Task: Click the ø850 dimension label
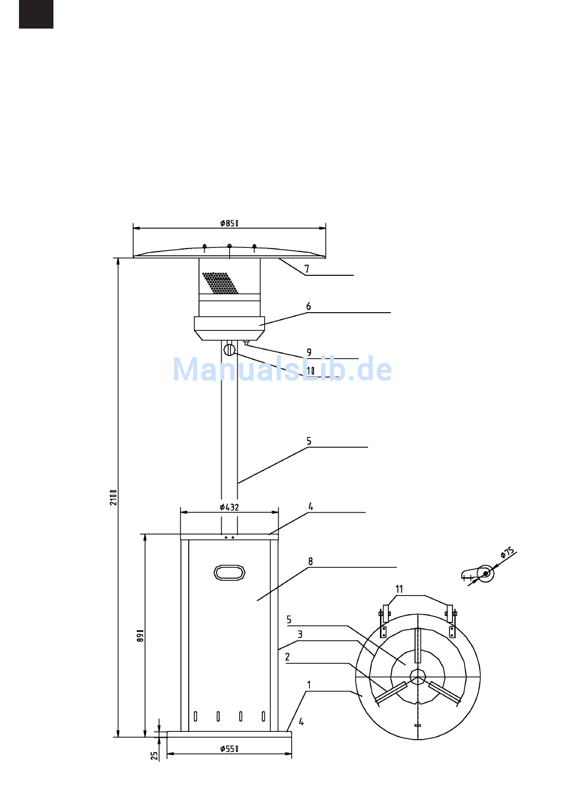pos(229,224)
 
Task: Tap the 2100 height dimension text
pos(114,498)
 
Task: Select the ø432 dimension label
pos(229,507)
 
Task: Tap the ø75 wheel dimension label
pos(507,552)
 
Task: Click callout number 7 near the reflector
pos(307,269)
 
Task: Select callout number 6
pos(309,307)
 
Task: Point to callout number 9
pos(309,353)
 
